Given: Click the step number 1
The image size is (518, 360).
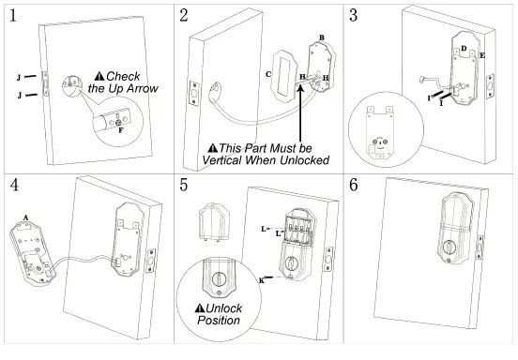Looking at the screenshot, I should click(13, 16).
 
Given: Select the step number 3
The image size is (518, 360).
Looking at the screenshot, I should click(354, 16).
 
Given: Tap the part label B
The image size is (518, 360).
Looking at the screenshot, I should click(321, 37).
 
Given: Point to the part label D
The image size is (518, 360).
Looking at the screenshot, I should click(463, 48).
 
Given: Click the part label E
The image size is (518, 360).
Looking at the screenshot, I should click(482, 57).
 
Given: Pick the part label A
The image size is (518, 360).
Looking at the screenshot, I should click(25, 216).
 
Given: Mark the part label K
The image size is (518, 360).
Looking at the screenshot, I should click(261, 280).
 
